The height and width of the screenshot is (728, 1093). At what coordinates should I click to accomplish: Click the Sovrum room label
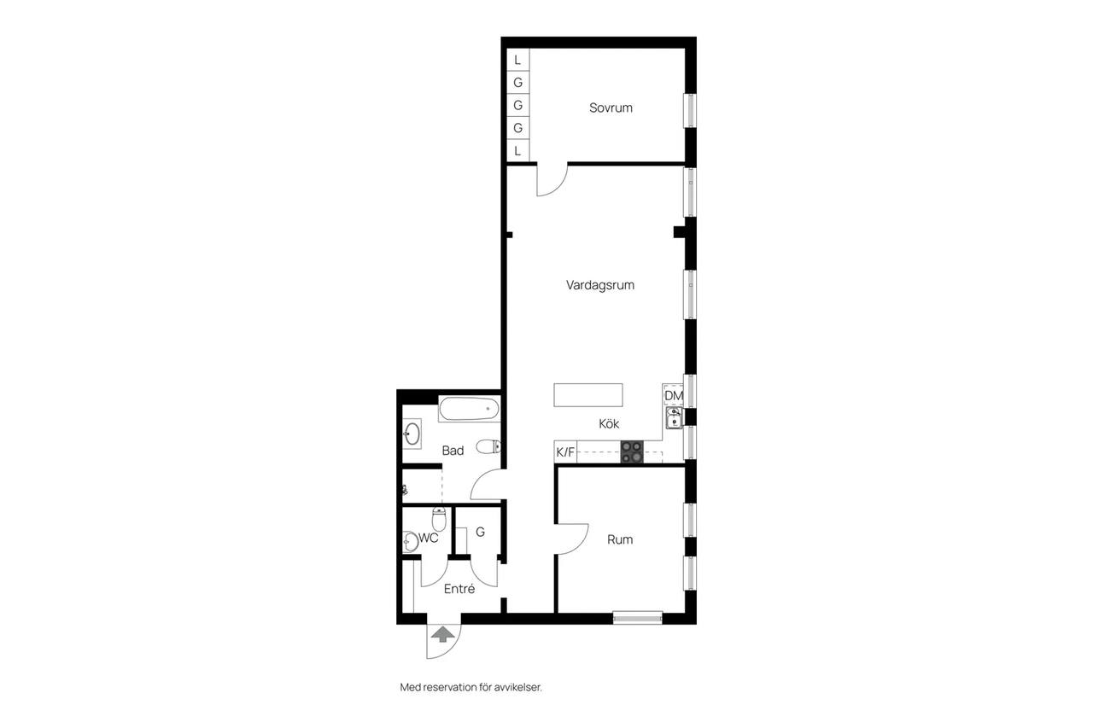coord(611,108)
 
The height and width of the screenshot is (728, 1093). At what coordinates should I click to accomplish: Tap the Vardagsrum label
coord(600,285)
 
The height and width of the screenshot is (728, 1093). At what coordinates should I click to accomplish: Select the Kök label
coord(609,423)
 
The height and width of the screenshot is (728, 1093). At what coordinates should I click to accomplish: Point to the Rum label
coord(620,539)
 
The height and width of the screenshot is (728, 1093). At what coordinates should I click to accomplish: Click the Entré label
coord(459,589)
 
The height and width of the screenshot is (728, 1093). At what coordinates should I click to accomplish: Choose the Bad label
coord(453,451)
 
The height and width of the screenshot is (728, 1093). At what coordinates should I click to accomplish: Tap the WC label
coord(429,538)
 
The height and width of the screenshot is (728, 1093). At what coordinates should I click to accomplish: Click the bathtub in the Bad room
coord(469,409)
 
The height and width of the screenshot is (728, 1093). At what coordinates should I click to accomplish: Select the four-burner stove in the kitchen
coord(632,451)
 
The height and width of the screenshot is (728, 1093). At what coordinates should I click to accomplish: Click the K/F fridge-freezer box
coord(565,452)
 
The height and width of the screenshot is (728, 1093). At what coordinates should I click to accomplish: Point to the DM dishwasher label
coord(674,395)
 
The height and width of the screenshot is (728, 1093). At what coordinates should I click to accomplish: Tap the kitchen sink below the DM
coord(675,418)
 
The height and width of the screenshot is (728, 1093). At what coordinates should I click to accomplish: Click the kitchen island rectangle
coord(588,395)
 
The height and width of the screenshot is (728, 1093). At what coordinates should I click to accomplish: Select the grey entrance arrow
coord(442,634)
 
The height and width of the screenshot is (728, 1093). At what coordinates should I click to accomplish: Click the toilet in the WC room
coord(439,519)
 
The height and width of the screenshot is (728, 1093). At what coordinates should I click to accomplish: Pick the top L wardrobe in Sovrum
coord(517,60)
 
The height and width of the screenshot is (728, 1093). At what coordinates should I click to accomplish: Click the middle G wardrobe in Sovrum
coord(517,105)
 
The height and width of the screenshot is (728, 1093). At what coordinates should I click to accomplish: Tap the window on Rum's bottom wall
coord(638,618)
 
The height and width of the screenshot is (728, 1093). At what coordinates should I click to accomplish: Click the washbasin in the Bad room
coord(412,434)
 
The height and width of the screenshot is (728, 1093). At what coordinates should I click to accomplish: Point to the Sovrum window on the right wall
coord(691,111)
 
